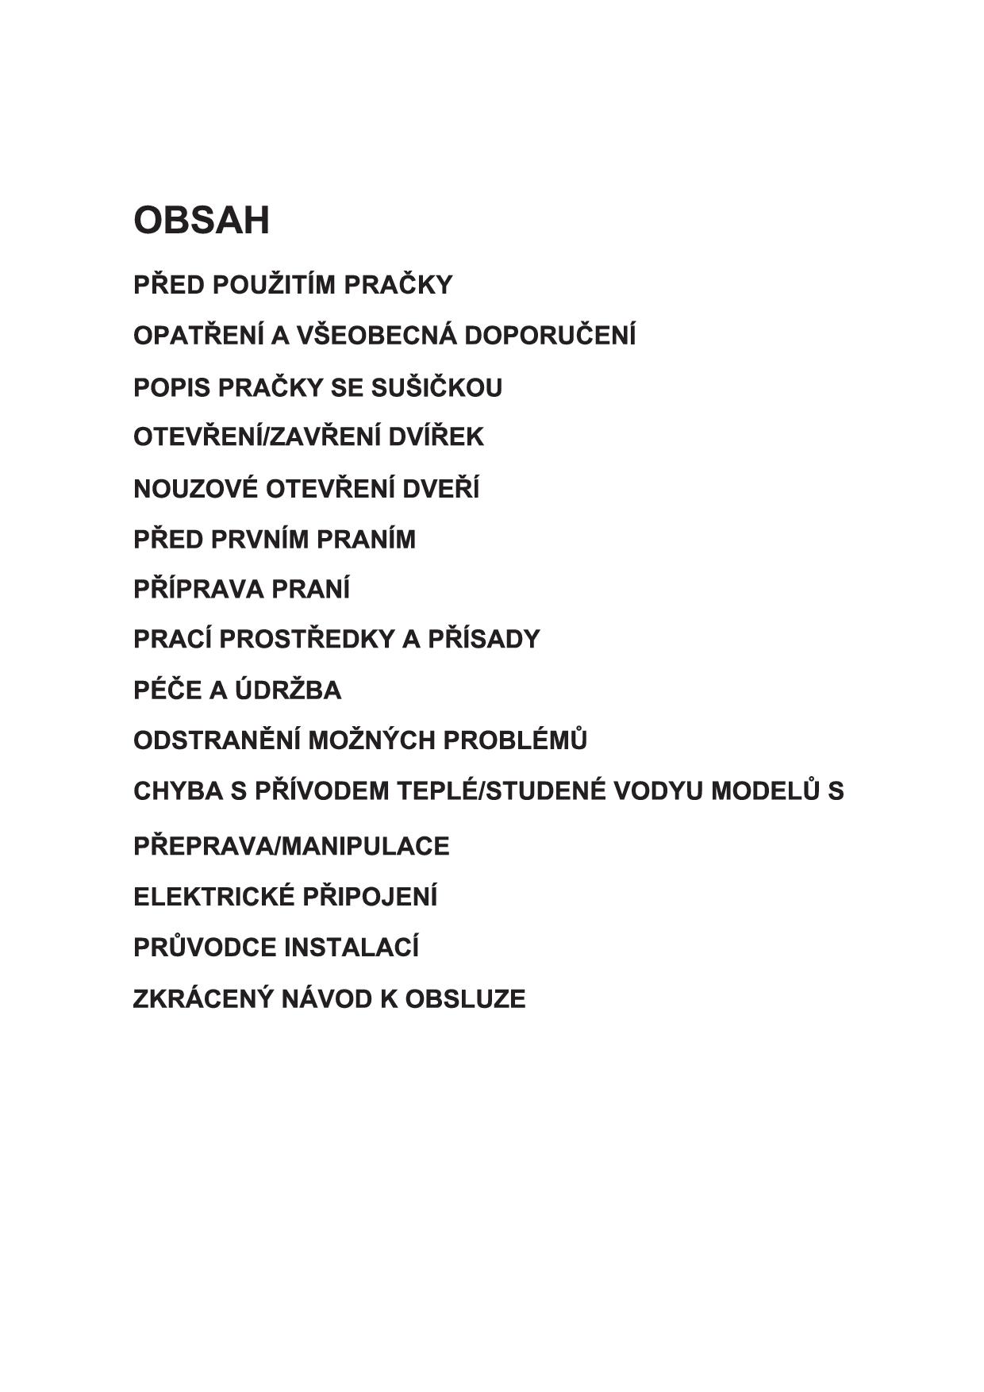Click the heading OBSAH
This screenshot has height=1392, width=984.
202,220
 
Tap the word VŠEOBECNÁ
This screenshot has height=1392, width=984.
377,336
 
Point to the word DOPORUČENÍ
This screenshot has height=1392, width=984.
550,336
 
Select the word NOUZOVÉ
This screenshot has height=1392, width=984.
195,489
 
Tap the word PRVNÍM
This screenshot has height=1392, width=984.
263,540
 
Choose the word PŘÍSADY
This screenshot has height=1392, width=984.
484,640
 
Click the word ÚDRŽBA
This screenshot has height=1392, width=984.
288,690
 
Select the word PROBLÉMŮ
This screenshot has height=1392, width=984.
515,740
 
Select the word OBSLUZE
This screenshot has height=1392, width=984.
465,998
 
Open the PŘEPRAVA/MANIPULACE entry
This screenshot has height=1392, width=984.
291,846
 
